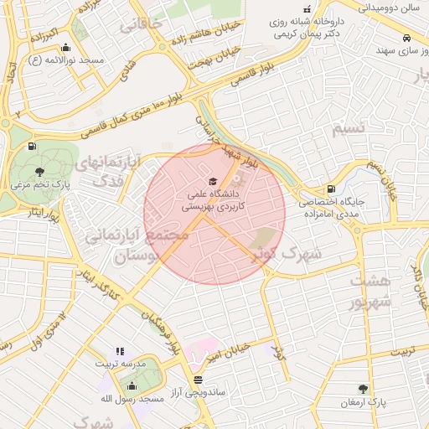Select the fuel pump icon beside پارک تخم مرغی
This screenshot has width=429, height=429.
(32, 147)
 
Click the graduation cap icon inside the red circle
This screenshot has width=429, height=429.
(212, 182)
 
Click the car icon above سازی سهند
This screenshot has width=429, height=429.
(406, 39)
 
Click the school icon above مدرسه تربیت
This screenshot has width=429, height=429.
(119, 351)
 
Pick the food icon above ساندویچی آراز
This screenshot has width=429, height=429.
(197, 380)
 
